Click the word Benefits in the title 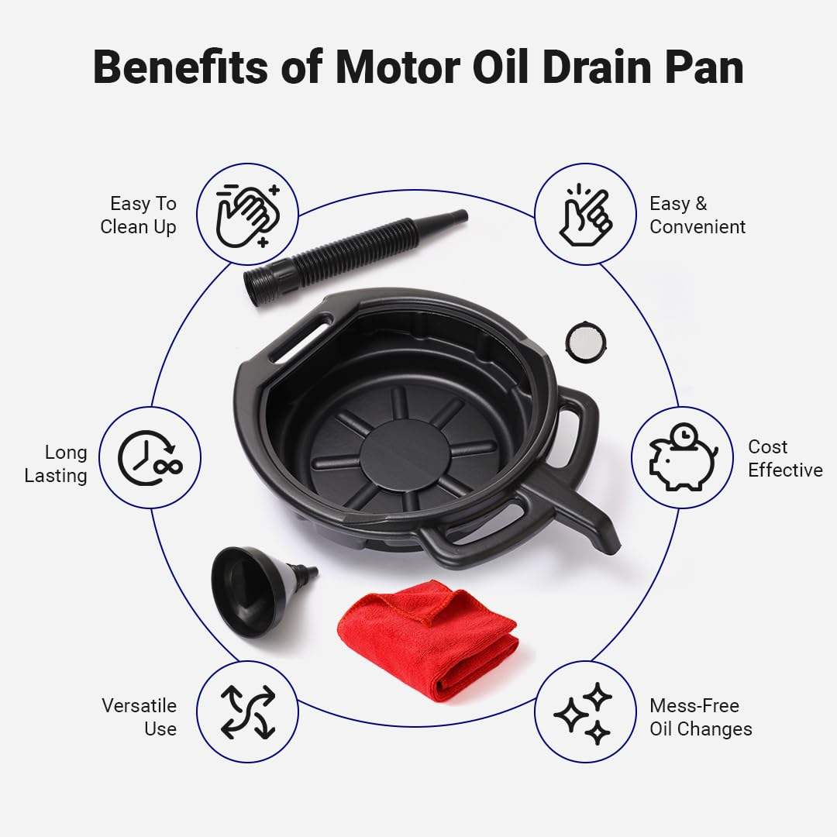point(181,67)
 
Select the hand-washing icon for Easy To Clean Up point(248,215)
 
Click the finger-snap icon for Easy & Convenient point(585,215)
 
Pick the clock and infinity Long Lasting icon point(150,457)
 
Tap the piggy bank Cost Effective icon point(683,457)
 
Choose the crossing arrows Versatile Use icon point(248,712)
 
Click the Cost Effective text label point(784,459)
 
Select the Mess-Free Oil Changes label point(701,718)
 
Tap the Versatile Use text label point(139,718)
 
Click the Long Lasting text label point(56,464)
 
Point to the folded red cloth point(428,640)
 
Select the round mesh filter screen point(586,343)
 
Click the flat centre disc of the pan point(404,456)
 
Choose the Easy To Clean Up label point(138,215)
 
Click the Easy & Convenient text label point(697,215)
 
